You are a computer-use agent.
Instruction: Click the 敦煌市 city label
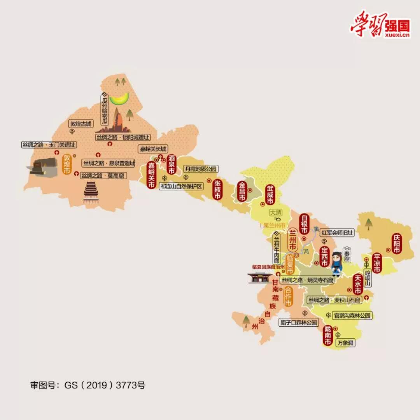pos(67,164)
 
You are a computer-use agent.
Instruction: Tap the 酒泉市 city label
pos(171,165)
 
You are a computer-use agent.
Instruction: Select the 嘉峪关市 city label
pos(151,175)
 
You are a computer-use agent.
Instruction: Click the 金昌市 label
pos(242,192)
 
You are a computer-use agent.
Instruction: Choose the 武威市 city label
pos(269,195)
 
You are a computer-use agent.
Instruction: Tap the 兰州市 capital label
pos(292,241)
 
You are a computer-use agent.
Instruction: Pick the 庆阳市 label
pos(396,244)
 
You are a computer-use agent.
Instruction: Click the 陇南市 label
pos(327,336)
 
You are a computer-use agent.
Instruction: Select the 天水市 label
pos(358,285)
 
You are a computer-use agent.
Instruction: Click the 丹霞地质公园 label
pos(200,169)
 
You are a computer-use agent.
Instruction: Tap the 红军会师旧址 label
pos(338,233)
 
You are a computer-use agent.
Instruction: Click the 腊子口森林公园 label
pos(299,322)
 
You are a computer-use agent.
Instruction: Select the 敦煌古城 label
pos(80,124)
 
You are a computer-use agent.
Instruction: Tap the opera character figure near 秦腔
pos(336,264)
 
